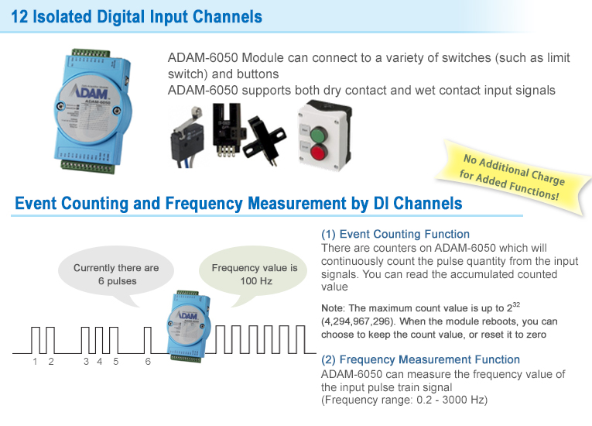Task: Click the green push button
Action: [x=319, y=135]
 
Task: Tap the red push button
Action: [x=318, y=153]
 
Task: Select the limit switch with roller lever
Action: [x=187, y=136]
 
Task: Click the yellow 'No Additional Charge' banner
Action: [x=513, y=177]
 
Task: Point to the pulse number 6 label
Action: [x=148, y=362]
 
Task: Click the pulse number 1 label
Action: [x=35, y=362]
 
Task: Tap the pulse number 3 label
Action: [x=86, y=362]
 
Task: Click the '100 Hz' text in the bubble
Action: [x=256, y=281]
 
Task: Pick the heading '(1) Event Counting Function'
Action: [x=395, y=235]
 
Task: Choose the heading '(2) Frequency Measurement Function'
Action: [x=421, y=359]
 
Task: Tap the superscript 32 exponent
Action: [x=516, y=304]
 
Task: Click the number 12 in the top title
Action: [x=19, y=17]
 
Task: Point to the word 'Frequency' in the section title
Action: [x=204, y=204]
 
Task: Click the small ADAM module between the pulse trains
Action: [x=187, y=326]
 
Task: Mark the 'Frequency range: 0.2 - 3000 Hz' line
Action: [x=405, y=400]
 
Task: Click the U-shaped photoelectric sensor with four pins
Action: [x=227, y=129]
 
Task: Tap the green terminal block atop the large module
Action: [x=91, y=53]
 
